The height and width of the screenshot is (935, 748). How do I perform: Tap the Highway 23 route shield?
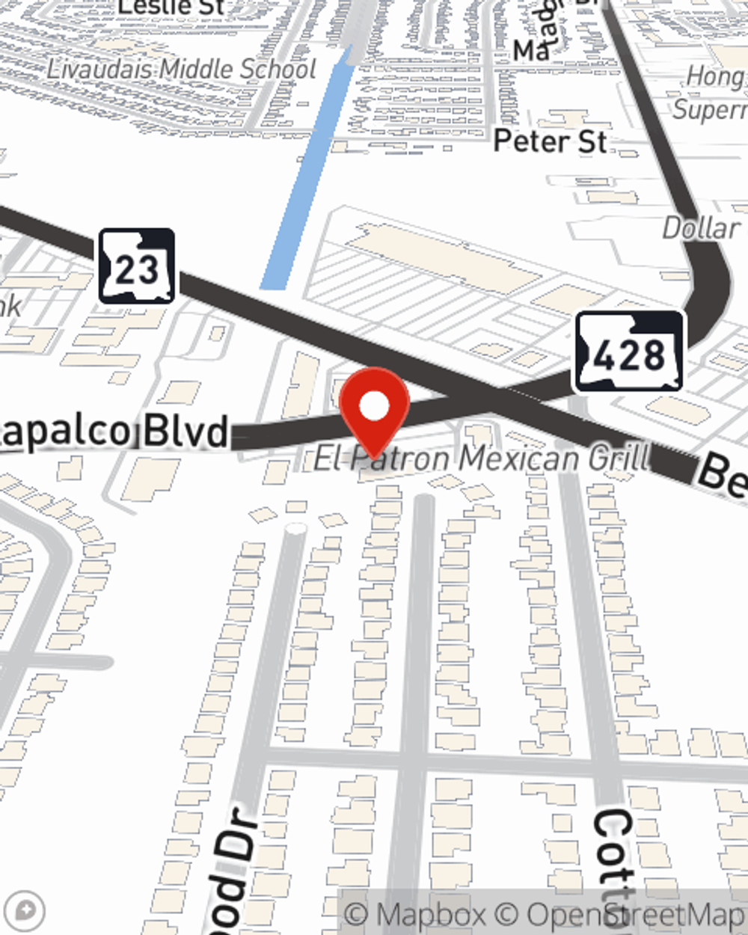pyautogui.click(x=137, y=266)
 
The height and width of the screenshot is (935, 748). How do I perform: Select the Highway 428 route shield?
pyautogui.click(x=629, y=352)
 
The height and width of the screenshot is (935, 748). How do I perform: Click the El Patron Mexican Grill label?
pyautogui.click(x=482, y=458)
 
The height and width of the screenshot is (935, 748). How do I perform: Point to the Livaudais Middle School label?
pyautogui.click(x=182, y=70)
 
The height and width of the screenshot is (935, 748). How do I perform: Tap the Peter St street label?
pyautogui.click(x=550, y=141)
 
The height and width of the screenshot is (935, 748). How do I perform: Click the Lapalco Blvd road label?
pyautogui.click(x=112, y=432)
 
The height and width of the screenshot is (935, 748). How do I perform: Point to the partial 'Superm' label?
pyautogui.click(x=709, y=110)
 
